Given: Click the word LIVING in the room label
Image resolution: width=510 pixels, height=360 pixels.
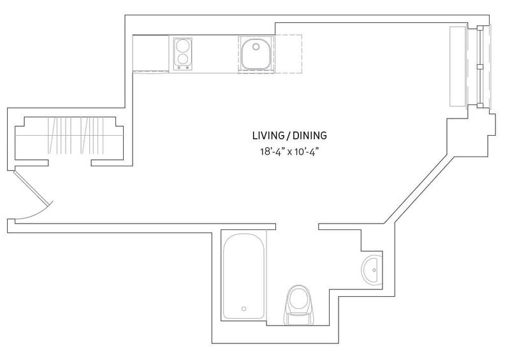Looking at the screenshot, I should click(x=267, y=135).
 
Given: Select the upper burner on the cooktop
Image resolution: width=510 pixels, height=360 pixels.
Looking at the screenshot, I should click(x=183, y=46).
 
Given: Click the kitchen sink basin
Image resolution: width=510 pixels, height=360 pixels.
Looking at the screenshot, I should click(x=256, y=53).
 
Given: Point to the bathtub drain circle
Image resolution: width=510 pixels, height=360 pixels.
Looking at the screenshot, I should click(x=244, y=308).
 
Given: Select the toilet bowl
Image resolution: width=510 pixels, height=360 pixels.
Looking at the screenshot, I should click(x=298, y=298).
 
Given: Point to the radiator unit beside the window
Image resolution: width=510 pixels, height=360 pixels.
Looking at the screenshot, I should click(x=458, y=66).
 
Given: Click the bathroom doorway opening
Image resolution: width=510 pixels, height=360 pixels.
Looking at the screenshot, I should click(x=297, y=226).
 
